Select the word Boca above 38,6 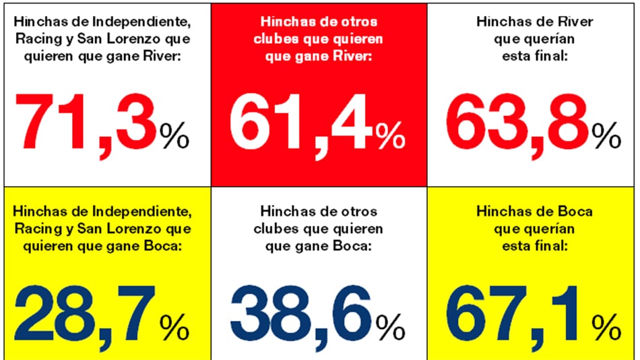click(x=354, y=247)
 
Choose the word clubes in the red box click(x=273, y=39)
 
